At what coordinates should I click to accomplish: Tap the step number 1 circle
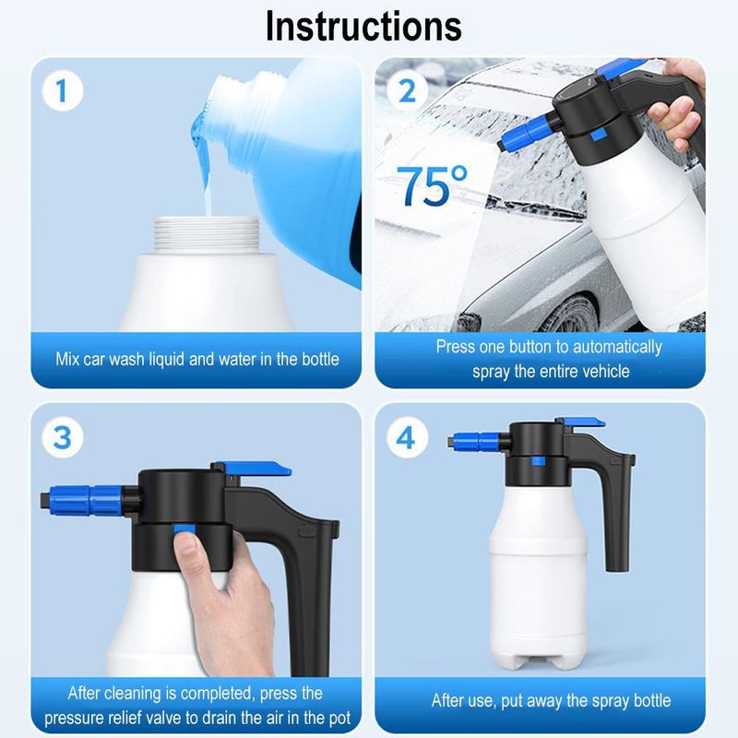[62, 91]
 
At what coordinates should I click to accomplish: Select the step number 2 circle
[407, 91]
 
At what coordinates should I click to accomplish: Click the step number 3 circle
[62, 437]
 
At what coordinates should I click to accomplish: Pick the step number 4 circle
[407, 437]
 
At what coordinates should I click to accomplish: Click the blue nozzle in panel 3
[92, 502]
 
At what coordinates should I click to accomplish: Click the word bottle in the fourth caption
[647, 700]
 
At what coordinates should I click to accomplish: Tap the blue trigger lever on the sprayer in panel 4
[584, 422]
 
